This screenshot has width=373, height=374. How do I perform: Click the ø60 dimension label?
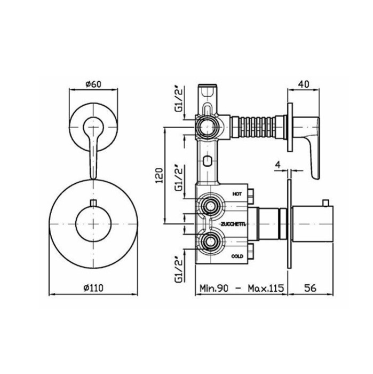coord(93,84)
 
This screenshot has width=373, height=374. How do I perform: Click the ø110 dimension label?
coord(93,288)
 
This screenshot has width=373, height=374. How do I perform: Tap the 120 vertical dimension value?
coord(159,175)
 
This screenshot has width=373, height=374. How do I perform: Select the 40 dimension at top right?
coord(304,84)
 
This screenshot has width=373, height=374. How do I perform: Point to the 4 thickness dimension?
coord(277,165)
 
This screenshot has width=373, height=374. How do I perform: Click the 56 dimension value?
coord(310,288)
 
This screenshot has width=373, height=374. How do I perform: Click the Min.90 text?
coord(213,288)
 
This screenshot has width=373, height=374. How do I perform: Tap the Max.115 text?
coord(266,288)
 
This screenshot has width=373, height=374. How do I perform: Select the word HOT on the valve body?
coord(237,194)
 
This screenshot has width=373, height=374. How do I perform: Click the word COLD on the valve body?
coord(237,256)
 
